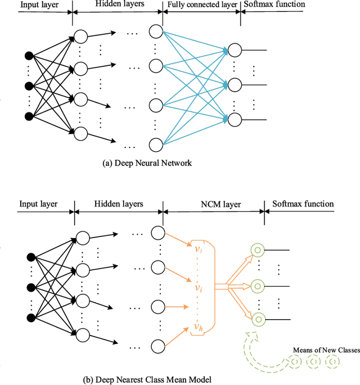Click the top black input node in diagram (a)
29,55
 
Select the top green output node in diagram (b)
258,250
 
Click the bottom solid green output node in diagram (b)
258,320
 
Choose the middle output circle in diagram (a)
235,84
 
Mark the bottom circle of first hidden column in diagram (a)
81,133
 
